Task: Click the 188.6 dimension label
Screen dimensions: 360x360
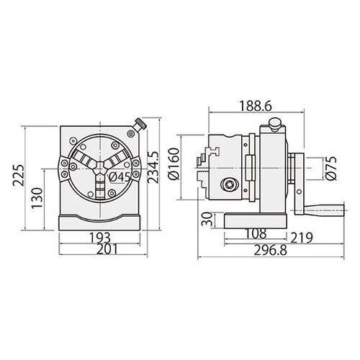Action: pyautogui.click(x=256, y=106)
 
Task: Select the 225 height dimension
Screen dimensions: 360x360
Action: pyautogui.click(x=19, y=175)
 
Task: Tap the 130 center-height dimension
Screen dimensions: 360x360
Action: pyautogui.click(x=37, y=198)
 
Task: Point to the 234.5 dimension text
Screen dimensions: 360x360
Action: pyautogui.click(x=153, y=167)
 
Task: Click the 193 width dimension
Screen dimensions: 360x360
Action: pyautogui.click(x=100, y=238)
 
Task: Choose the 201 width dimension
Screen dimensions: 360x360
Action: pyautogui.click(x=107, y=249)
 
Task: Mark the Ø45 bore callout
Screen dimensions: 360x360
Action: pyautogui.click(x=120, y=177)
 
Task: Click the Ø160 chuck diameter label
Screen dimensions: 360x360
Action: pyautogui.click(x=174, y=164)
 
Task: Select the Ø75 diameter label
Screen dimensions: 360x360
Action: pyautogui.click(x=331, y=168)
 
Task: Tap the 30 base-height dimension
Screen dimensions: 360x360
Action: pyautogui.click(x=207, y=220)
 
